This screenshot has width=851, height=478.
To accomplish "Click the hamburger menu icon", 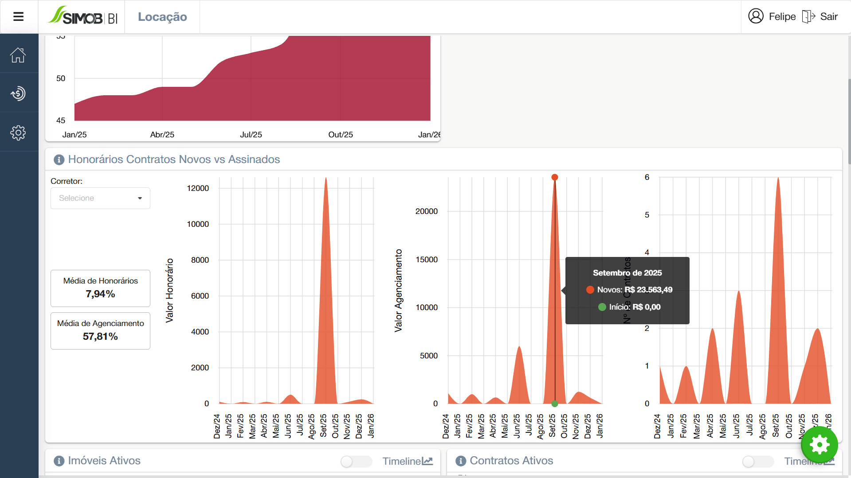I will coord(18,17).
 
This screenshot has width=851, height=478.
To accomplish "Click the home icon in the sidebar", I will coord(18,55).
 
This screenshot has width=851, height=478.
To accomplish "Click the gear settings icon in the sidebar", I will coord(18,132).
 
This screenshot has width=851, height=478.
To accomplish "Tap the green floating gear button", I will coord(819,444).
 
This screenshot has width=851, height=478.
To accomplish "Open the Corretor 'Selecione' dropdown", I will coord(100,198).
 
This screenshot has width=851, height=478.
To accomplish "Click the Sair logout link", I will coord(828,17).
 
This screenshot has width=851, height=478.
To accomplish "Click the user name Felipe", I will coord(782,17).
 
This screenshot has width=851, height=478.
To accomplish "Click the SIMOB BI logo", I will coord(83,16).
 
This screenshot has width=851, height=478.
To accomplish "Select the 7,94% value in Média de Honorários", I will coord(100,294).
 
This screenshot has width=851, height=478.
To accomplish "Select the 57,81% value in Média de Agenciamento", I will coord(100,337).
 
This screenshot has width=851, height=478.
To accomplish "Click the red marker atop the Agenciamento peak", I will coord(554,177).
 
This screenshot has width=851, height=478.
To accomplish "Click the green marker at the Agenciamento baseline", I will coord(554,404).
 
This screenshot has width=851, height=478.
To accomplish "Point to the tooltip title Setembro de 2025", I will coord(627,273).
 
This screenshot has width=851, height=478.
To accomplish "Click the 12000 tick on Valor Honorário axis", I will coord(198,188).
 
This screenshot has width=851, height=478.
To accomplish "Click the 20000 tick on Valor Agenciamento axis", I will coord(426,211).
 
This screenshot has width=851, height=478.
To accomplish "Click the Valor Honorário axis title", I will coord(169,291).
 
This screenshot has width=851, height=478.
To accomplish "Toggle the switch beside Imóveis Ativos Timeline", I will coord(356,461).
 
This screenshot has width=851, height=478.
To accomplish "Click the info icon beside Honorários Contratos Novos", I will coord(59,159).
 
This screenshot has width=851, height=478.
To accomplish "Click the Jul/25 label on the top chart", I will coord(251,135).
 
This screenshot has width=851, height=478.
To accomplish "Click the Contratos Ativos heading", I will coord(511,461).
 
